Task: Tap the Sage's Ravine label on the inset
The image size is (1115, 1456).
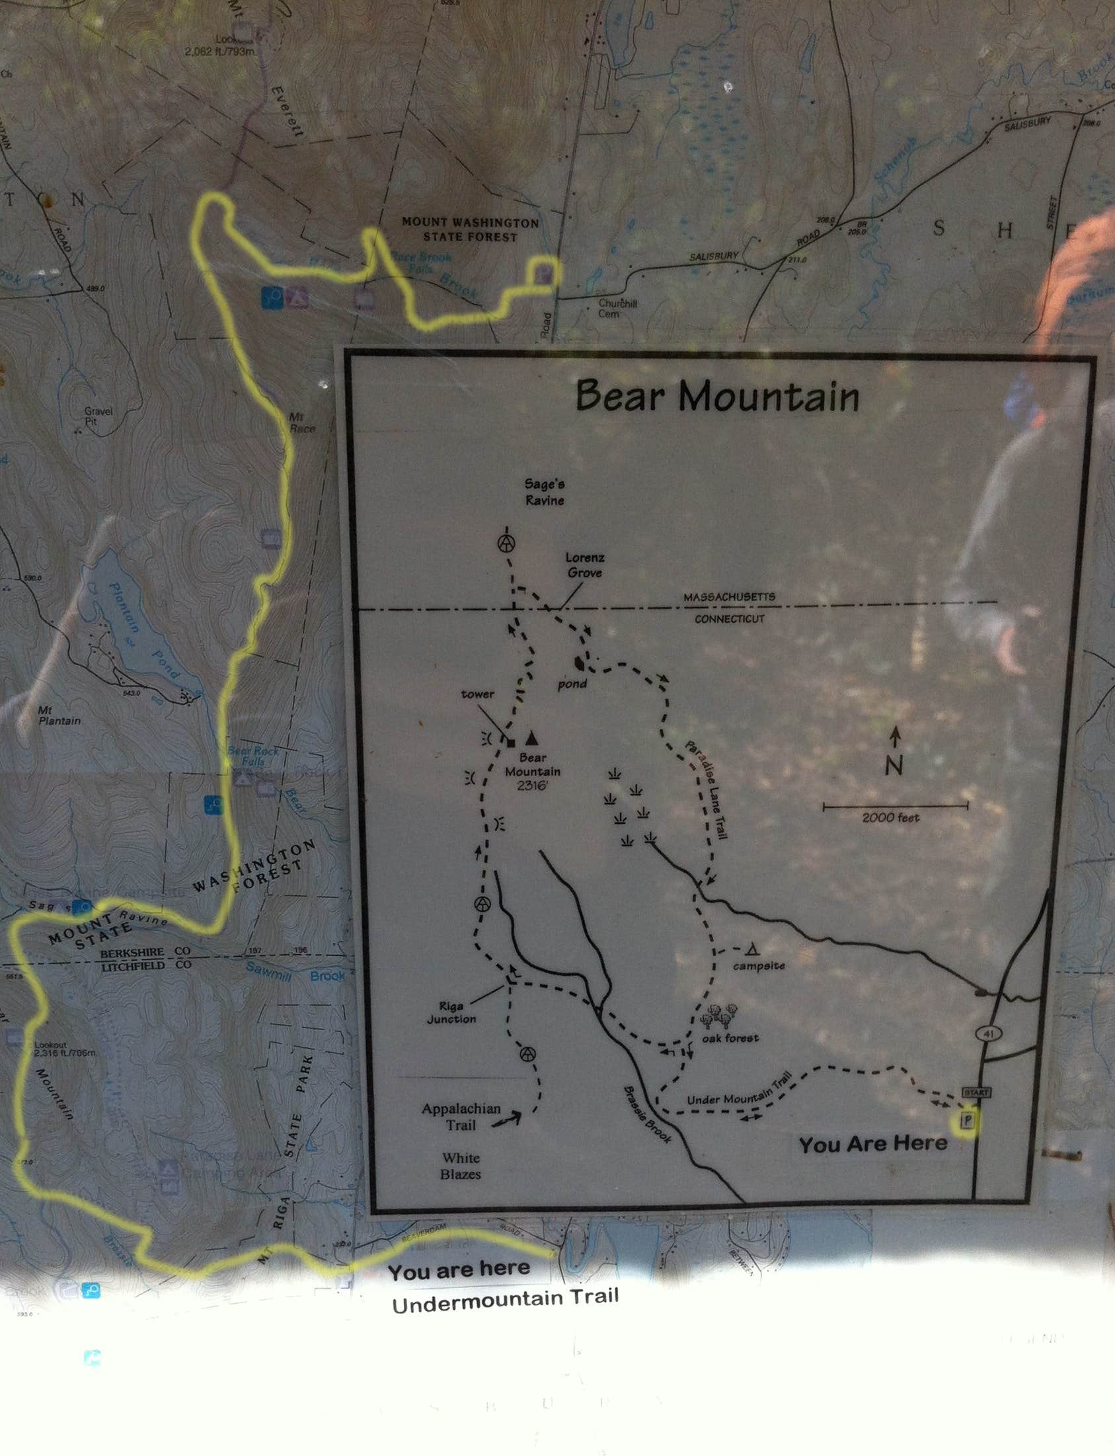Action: (x=544, y=492)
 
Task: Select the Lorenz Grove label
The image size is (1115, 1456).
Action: (x=585, y=565)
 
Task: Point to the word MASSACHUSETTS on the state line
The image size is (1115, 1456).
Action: (x=729, y=597)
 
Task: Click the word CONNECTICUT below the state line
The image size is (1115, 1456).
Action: (x=730, y=619)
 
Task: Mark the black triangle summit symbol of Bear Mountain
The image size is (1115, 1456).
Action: (x=531, y=738)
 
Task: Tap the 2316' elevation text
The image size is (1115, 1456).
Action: (x=532, y=786)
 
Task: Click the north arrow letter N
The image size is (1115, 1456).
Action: (x=894, y=766)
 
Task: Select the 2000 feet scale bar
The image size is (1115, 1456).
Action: (x=895, y=807)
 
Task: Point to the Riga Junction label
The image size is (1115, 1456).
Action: (x=451, y=1012)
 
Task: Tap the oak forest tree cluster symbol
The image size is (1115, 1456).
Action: (x=720, y=1014)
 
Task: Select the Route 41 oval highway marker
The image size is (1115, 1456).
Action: (x=989, y=1033)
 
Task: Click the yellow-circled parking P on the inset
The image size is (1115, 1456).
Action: (x=968, y=1121)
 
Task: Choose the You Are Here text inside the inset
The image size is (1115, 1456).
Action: (x=872, y=1143)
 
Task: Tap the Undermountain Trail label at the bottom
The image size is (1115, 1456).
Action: (x=504, y=1300)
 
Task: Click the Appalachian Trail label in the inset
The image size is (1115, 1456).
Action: (x=461, y=1116)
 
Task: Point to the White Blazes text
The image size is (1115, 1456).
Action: (x=461, y=1166)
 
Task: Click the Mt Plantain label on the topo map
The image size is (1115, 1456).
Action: (x=58, y=715)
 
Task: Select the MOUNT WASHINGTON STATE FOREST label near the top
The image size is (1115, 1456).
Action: (x=470, y=229)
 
